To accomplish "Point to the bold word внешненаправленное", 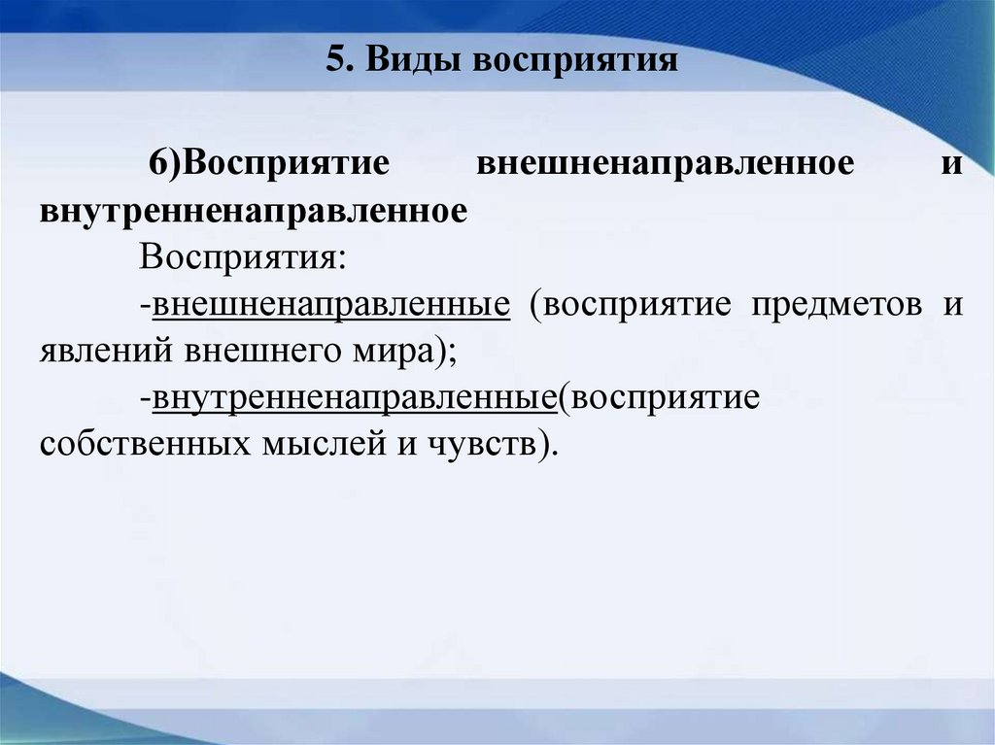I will coord(666,162).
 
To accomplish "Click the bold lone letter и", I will coord(952,162).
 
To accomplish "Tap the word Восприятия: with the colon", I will coord(243,258).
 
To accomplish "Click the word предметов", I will coord(835,305).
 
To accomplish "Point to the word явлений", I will coord(102,351).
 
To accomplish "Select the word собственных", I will coord(140,445).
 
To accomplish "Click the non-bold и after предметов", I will coord(952,305).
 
